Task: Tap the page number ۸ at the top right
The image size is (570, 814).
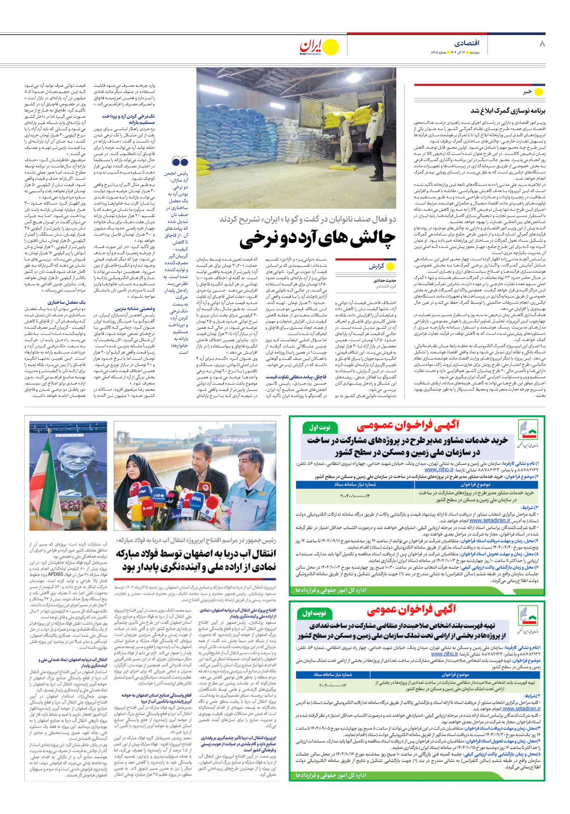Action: coord(542,44)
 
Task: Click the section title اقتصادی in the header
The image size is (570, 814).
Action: coord(466,43)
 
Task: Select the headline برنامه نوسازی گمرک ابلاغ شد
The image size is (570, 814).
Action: coord(508,111)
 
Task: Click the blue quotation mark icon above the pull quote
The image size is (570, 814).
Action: coord(180,161)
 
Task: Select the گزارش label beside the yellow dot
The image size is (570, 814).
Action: coord(377,266)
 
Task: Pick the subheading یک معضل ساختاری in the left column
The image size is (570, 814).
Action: coord(67,302)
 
